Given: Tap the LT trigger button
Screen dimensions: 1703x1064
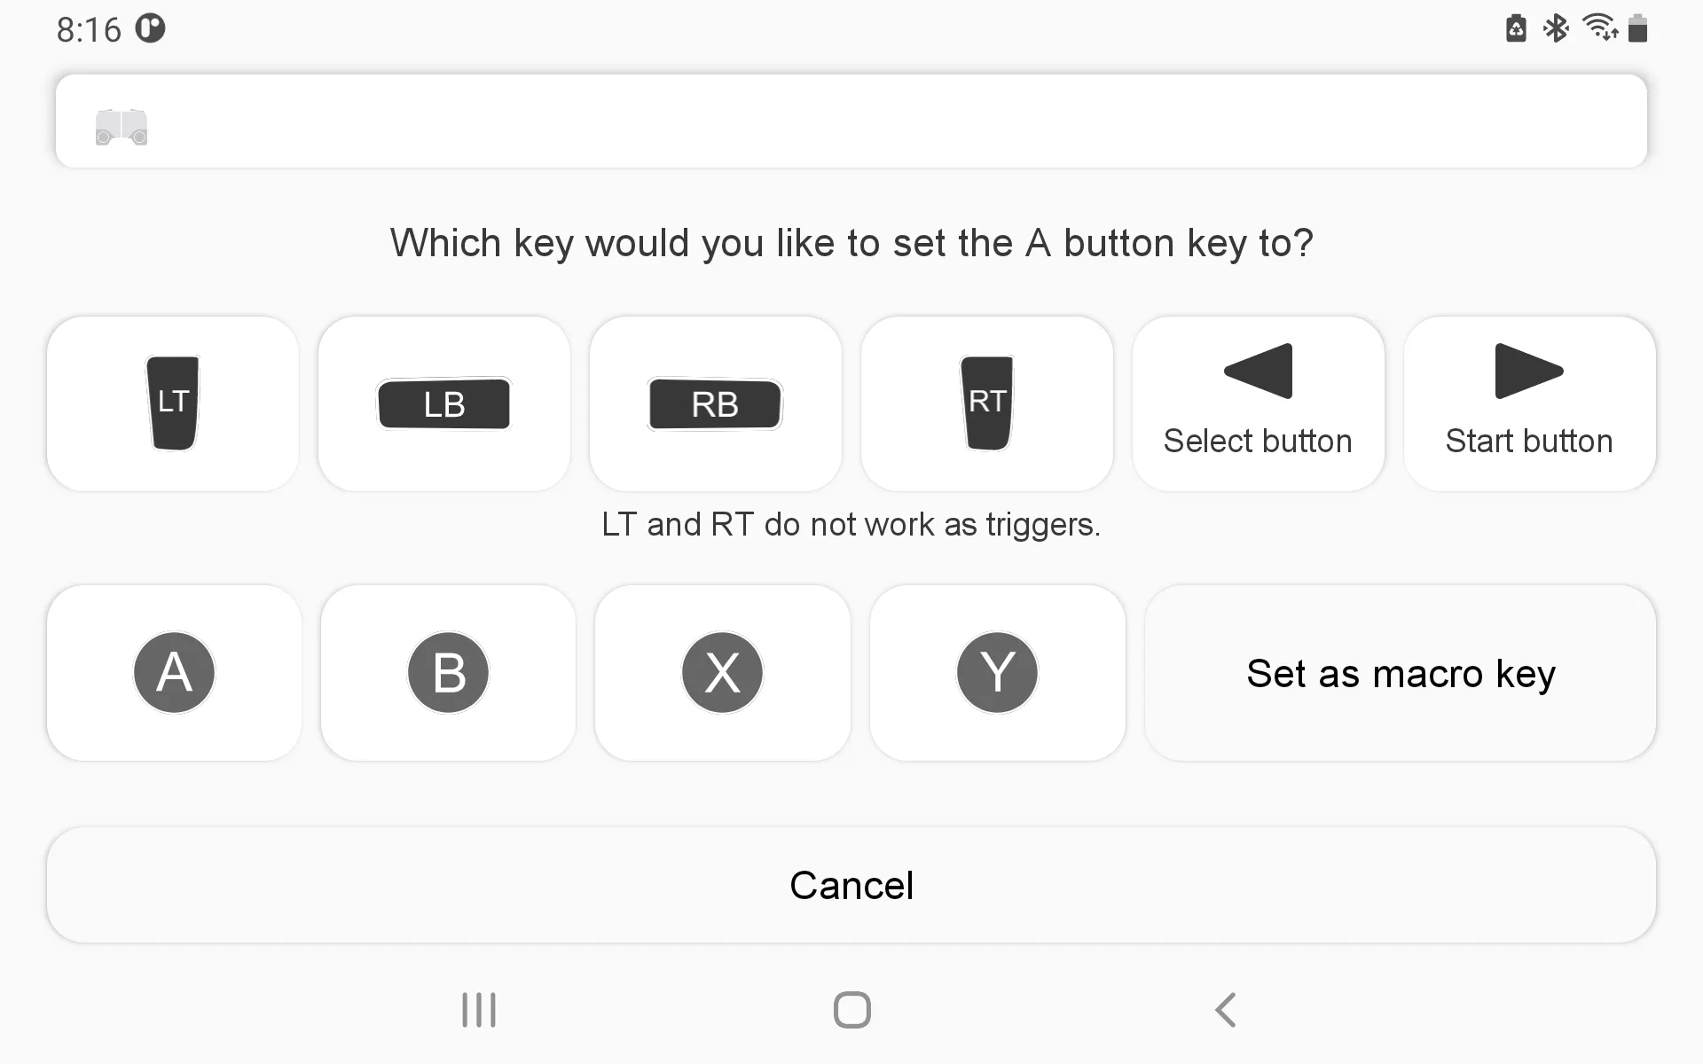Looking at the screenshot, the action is point(173,403).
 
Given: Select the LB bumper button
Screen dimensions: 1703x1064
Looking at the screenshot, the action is point(444,404).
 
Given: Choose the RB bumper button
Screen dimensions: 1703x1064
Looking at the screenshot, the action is point(716,404).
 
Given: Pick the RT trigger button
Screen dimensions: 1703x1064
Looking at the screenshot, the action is point(987,403).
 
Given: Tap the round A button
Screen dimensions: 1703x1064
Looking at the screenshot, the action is point(174,672).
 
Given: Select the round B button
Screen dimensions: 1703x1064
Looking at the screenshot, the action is point(449,672).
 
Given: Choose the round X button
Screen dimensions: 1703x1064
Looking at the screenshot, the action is point(723,672).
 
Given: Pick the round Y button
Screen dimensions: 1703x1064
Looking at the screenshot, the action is point(998,672).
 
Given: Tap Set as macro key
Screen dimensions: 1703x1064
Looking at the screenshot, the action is point(1401,673).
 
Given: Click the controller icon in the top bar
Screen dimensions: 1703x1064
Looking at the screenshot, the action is point(122,127).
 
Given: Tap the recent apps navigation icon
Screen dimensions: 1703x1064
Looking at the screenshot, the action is point(479,1010).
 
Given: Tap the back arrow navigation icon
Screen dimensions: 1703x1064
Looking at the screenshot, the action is point(1225,1010).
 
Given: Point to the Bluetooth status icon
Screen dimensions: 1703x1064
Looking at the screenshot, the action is point(1556,28).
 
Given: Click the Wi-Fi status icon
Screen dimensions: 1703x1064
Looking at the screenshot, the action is point(1600,27).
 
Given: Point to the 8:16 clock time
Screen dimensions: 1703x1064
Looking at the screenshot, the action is point(89,30).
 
